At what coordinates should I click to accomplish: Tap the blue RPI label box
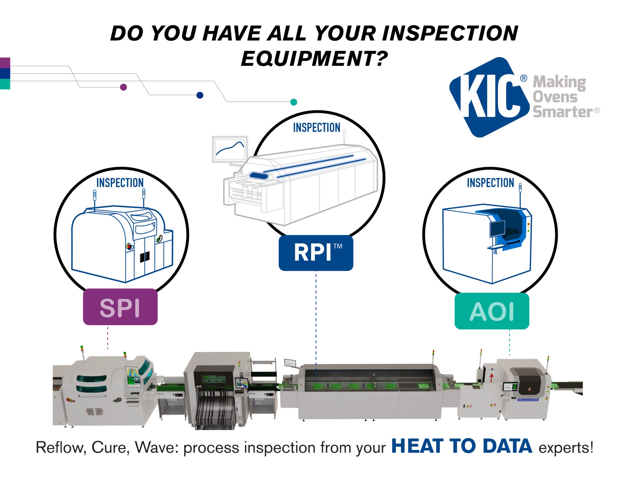point(316,252)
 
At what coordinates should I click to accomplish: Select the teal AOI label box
point(492,311)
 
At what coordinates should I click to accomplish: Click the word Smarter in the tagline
point(562,112)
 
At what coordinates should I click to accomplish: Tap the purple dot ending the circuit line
point(123,87)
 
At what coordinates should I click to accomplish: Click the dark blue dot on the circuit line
point(200,95)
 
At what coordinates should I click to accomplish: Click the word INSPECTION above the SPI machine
point(120,183)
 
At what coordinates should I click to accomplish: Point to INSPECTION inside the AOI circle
point(490,183)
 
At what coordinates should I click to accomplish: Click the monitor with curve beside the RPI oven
point(230,149)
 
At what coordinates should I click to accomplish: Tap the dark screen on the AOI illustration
point(497,229)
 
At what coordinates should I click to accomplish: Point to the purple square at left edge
point(5,62)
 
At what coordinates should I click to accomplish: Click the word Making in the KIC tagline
point(559,83)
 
